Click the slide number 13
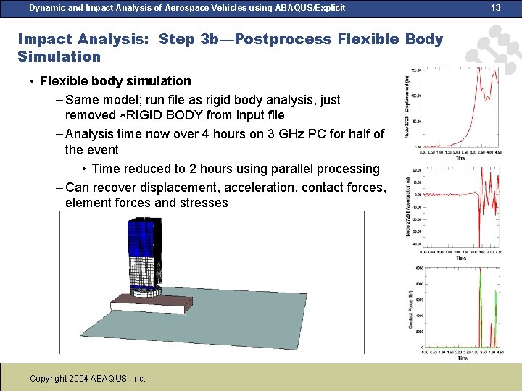pyautogui.click(x=496, y=8)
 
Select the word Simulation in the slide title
pyautogui.click(x=59, y=56)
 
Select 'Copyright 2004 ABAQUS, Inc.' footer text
pyautogui.click(x=88, y=379)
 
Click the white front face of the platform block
pyautogui.click(x=145, y=308)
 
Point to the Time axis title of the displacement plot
pyautogui.click(x=460, y=158)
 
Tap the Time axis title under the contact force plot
pyautogui.click(x=462, y=358)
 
